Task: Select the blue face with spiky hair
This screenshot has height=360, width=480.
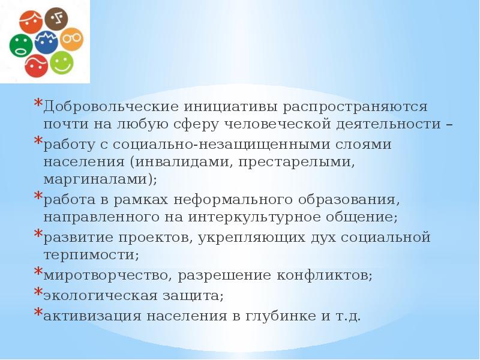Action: click(x=45, y=43)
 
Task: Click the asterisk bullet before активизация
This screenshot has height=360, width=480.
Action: click(x=37, y=313)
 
